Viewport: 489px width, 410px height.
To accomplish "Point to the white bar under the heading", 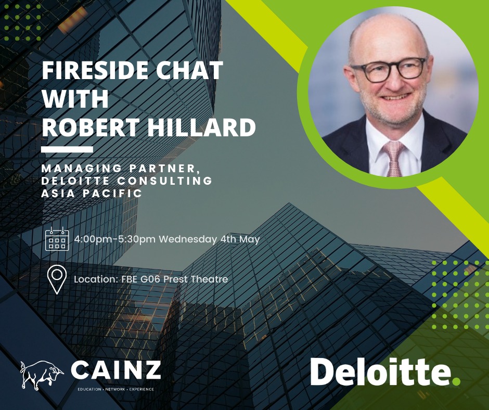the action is tap(67, 149).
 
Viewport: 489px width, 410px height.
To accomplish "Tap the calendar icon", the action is tap(57, 239).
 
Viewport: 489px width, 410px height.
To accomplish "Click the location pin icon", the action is tap(57, 279).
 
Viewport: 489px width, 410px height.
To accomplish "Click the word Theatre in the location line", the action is tap(209, 279).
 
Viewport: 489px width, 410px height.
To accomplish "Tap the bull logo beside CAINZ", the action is tap(42, 375).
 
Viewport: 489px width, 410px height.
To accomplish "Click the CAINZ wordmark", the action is tap(115, 370).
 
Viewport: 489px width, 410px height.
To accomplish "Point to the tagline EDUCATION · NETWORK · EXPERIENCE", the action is tap(115, 389).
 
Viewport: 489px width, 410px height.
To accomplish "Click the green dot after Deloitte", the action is tap(456, 380).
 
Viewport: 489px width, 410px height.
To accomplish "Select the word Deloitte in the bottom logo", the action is tap(380, 371).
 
